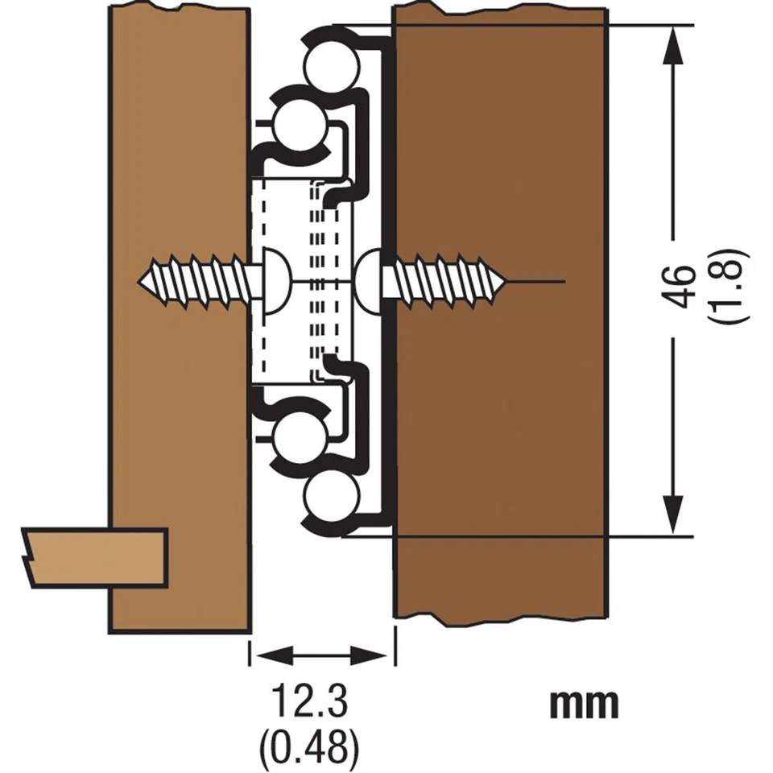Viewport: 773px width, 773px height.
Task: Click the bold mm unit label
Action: point(585,704)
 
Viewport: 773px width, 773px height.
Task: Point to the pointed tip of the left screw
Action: point(145,282)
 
